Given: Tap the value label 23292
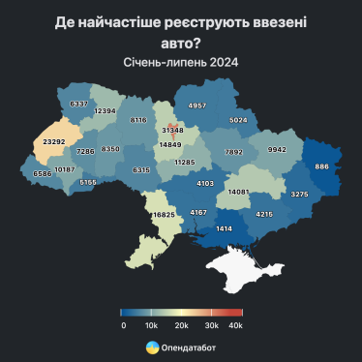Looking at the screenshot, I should [52, 141].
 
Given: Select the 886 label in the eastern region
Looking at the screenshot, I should [321, 166].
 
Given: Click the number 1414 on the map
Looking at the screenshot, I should [224, 228].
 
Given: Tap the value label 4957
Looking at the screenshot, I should [197, 105].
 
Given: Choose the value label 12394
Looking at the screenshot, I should [106, 111].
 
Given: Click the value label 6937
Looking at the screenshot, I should [79, 104].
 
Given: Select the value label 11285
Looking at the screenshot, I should [185, 163].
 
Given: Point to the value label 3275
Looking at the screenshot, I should [299, 195].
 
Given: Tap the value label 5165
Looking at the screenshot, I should [88, 182].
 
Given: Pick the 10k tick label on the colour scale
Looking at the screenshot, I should [151, 325].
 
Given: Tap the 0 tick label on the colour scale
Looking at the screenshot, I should [123, 325].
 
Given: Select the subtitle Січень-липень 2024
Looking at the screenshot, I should [181, 62].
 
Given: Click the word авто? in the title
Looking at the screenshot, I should [181, 42].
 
